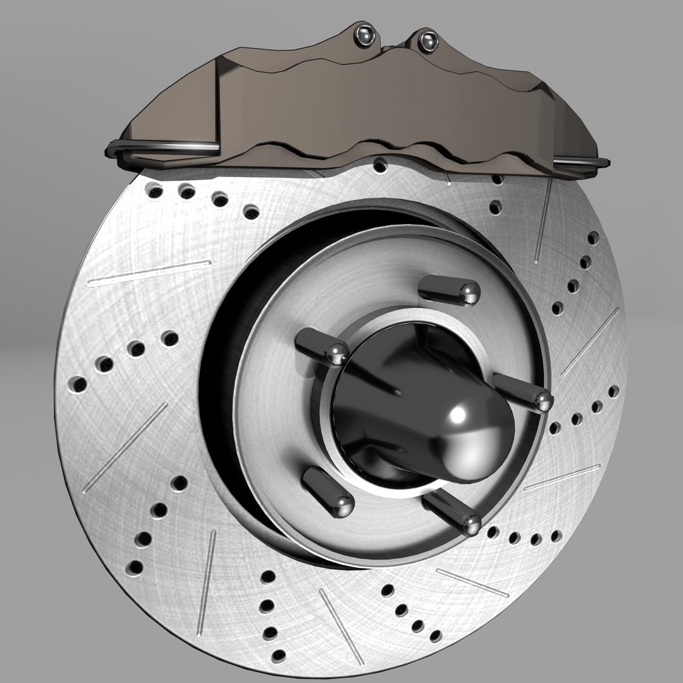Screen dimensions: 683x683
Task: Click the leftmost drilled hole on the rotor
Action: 77,384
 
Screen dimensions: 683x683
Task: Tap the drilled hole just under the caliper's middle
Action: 379,166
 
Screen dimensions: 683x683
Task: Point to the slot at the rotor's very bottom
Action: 341,617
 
